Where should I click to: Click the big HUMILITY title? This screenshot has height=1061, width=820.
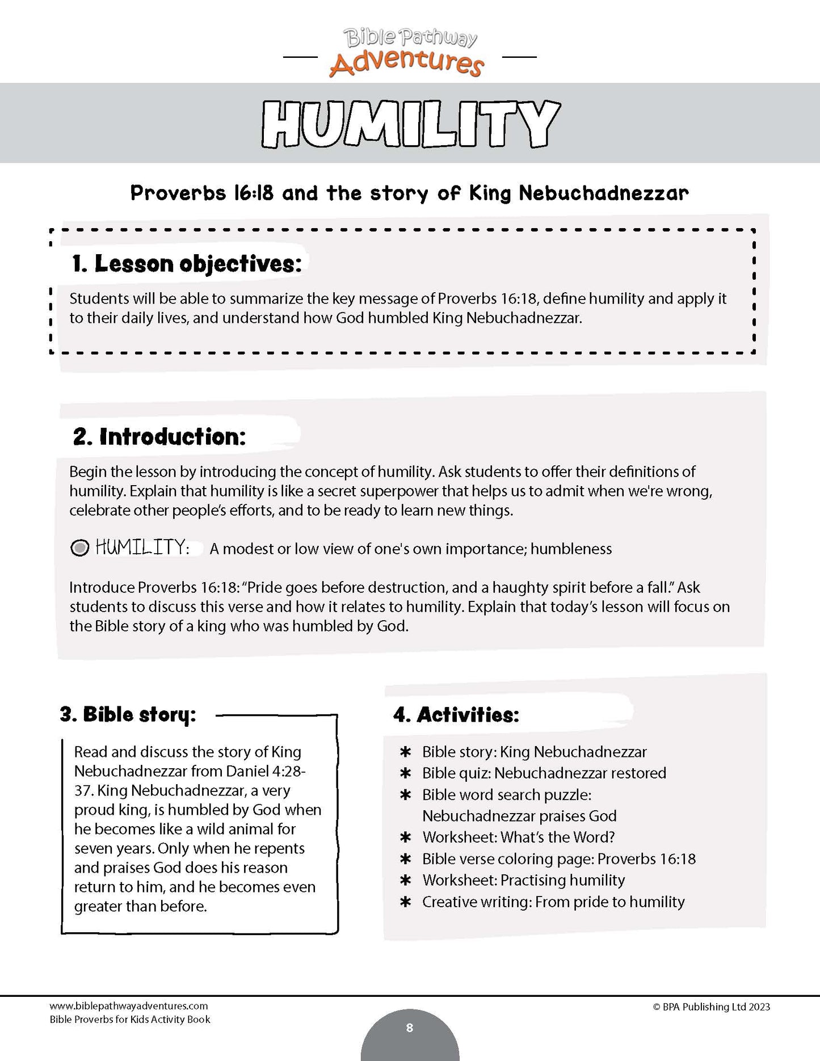[410, 124]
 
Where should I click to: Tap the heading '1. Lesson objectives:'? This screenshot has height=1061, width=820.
[187, 264]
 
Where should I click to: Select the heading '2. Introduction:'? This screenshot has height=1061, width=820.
[159, 436]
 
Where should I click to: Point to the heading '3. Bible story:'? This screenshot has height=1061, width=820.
[128, 714]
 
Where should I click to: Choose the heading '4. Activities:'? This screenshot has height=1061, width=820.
[456, 715]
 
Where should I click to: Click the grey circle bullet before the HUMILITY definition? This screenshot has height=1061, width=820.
[80, 548]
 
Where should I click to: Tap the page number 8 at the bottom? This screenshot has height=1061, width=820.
[410, 1028]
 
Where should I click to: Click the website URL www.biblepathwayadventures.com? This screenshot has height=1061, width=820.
[129, 1006]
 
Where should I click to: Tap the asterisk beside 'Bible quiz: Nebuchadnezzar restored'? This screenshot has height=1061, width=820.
[405, 773]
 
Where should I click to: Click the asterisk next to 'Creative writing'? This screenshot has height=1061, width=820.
[405, 902]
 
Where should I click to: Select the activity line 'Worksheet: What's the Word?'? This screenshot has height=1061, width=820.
[518, 837]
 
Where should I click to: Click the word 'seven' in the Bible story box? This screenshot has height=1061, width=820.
[94, 848]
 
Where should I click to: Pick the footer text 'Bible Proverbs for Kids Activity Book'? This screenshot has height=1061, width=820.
[130, 1019]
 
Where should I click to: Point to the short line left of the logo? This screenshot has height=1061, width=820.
[300, 57]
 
